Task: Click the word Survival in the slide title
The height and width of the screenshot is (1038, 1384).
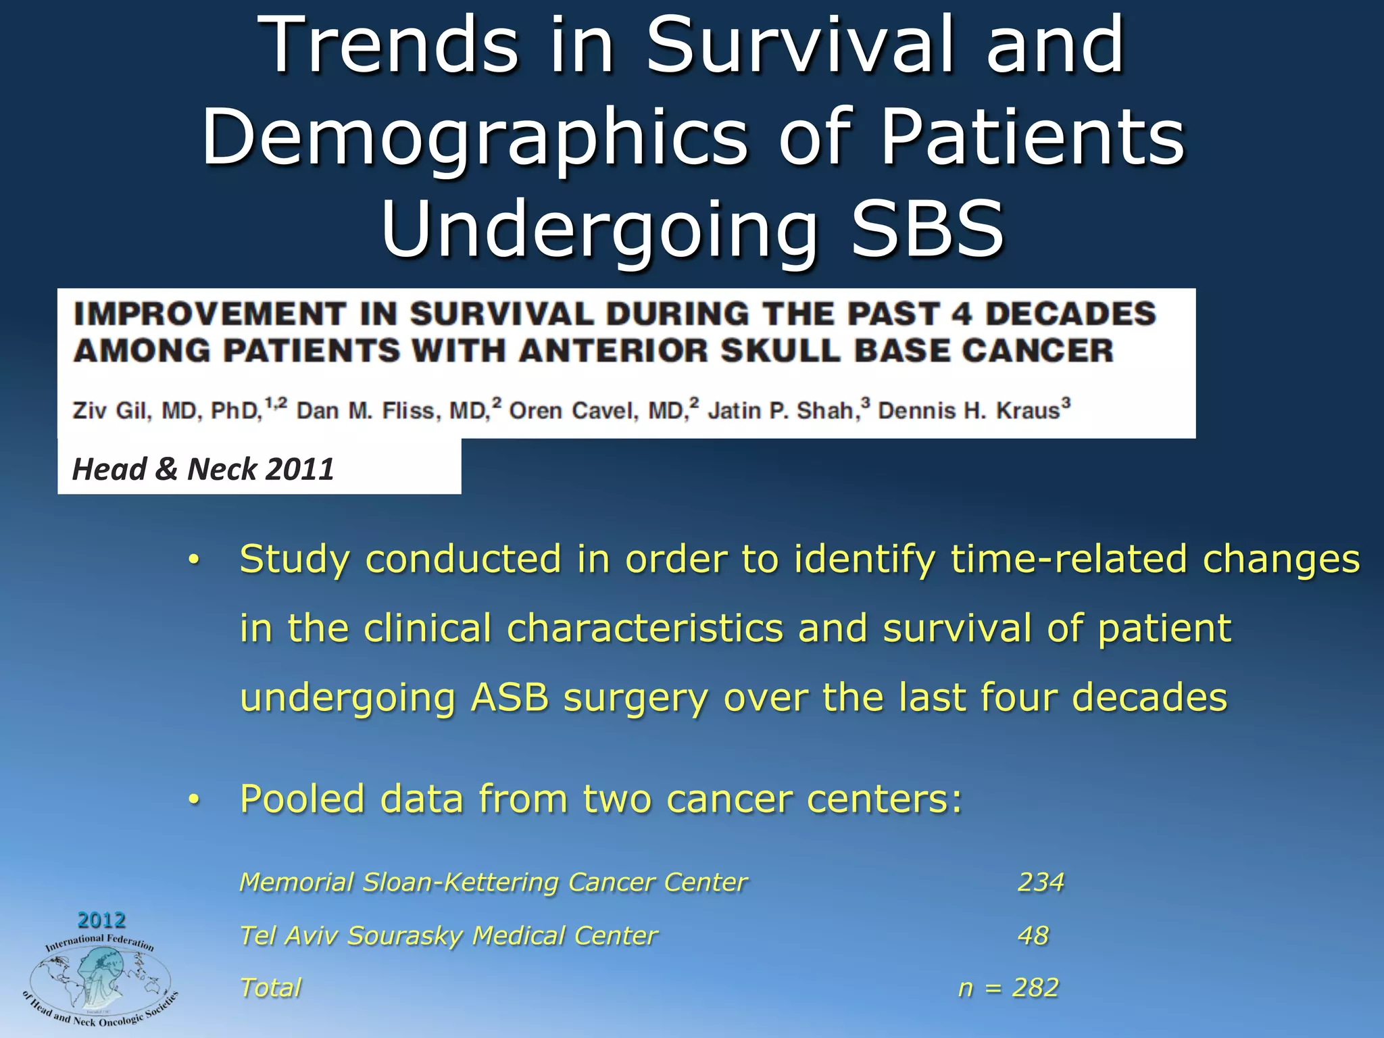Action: coord(799,46)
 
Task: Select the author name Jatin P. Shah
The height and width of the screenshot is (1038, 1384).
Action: coord(783,411)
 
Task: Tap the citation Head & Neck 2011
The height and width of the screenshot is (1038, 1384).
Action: coord(203,469)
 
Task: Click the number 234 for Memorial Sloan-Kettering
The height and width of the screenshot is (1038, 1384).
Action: coord(1041,882)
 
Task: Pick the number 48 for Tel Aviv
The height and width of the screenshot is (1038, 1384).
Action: coord(1033,935)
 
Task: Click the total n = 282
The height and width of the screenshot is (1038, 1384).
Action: coord(1008,988)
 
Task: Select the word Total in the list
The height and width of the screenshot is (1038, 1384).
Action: coord(270,988)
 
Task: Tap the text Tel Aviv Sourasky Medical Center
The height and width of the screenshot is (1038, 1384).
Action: coord(448,936)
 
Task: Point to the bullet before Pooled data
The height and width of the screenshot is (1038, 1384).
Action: coord(194,800)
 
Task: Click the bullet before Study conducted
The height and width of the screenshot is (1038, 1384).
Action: coord(194,560)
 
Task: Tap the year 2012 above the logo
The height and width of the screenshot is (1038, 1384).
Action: coord(101,920)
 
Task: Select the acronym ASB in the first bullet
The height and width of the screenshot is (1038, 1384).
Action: coord(510,697)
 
